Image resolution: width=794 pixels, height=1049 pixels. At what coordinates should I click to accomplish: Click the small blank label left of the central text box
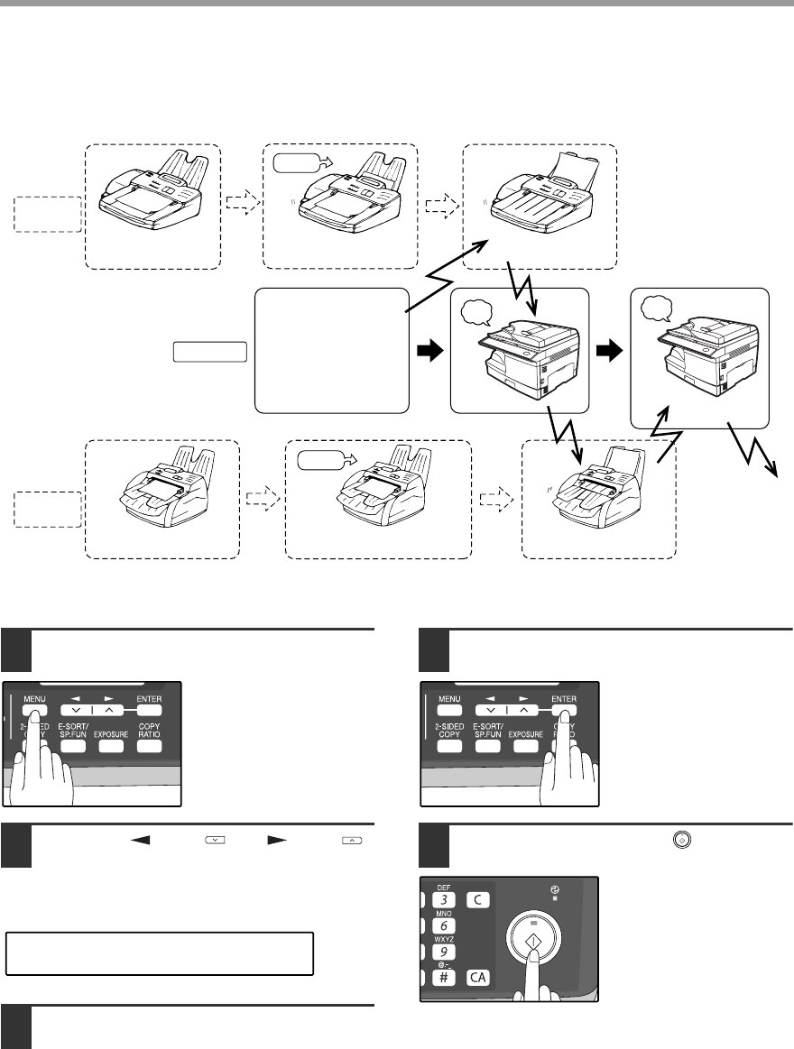coord(209,351)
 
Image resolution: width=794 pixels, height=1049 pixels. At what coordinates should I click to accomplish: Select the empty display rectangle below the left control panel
coord(160,953)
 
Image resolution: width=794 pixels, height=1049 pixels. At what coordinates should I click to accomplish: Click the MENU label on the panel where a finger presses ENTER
coord(448,698)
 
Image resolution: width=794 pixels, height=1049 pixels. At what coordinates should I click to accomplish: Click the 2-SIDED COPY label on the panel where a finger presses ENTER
coord(448,731)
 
